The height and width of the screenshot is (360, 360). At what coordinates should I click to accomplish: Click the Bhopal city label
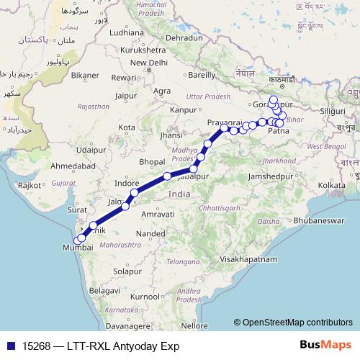152,161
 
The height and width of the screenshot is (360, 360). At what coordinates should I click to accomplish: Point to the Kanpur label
184,110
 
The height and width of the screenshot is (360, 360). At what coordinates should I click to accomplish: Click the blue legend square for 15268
9,346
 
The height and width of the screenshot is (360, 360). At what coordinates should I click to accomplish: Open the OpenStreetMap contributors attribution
297,323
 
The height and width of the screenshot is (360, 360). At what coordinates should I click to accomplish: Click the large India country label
179,194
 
